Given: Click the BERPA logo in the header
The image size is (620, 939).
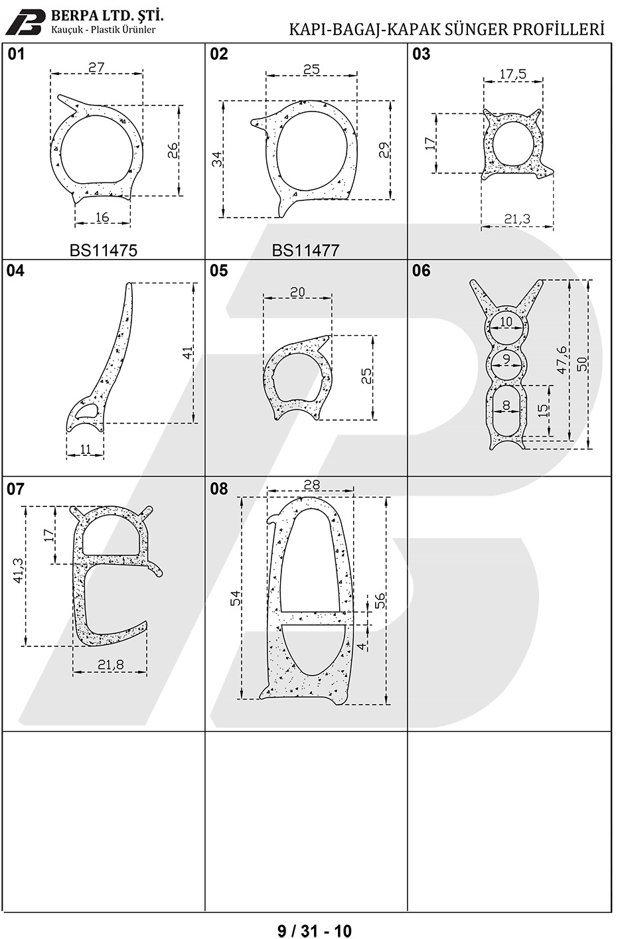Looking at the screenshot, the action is (28, 21).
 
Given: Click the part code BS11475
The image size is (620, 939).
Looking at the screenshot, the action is (103, 250).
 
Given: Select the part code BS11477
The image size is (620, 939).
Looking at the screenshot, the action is (305, 250).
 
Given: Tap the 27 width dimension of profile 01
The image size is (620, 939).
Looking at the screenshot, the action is (96, 67).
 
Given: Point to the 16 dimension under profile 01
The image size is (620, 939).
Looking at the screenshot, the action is (102, 217).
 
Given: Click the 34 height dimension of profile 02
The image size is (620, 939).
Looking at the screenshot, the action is (216, 159).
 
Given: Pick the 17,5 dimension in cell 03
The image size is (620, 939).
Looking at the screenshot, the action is (513, 74).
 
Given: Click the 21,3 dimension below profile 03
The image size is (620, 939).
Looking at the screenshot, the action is (517, 218).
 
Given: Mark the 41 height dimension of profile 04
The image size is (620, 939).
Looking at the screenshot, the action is (189, 352).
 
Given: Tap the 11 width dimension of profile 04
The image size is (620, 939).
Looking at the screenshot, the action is (85, 449).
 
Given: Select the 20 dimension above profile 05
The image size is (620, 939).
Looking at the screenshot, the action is (297, 292).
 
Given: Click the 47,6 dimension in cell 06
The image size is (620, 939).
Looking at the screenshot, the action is (562, 360).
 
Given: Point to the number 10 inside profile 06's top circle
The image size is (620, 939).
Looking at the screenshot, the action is (506, 322).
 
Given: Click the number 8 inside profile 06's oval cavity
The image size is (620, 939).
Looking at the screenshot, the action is (506, 405).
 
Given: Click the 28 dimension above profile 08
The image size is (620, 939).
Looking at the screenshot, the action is (311, 484).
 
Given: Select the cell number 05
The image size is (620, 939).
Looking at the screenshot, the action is (219, 270).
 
